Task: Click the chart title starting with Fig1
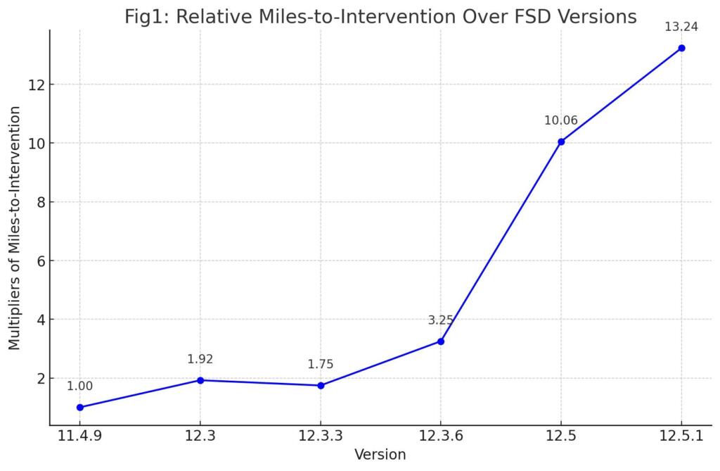[x=380, y=17]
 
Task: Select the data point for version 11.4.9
[x=80, y=407]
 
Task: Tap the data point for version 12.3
[x=200, y=380]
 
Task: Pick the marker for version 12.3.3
[x=321, y=385]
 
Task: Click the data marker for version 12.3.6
[x=441, y=341]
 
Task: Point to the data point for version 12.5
[x=561, y=142]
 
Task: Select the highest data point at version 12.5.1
[x=681, y=48]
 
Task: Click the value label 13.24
[x=681, y=27]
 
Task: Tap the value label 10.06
[x=561, y=120]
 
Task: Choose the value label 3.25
[x=441, y=320]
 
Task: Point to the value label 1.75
[x=321, y=364]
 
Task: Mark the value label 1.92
[x=200, y=359]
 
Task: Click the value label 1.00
[x=80, y=386]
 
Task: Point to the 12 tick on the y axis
[x=35, y=84]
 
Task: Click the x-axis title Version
[x=380, y=455]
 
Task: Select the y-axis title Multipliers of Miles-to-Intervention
[x=15, y=227]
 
